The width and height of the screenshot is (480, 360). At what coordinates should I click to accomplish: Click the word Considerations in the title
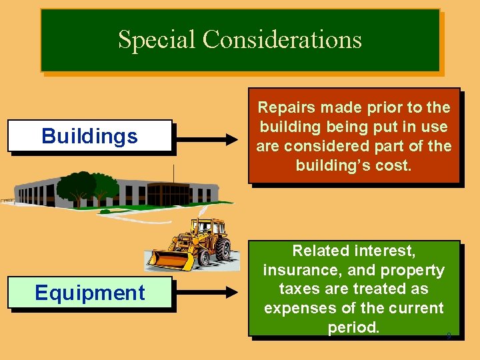coord(282,39)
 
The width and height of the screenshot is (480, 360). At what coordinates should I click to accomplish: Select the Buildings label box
coord(90,137)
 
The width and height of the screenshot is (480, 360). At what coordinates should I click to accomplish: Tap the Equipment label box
coord(90,293)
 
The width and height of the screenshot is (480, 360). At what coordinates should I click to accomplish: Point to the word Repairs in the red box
coord(285,107)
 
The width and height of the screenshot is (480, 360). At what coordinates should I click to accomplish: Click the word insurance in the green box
coord(302,270)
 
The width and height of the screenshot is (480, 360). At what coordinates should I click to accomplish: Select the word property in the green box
coord(411,270)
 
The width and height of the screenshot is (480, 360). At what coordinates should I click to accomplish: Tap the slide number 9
coord(449,336)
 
